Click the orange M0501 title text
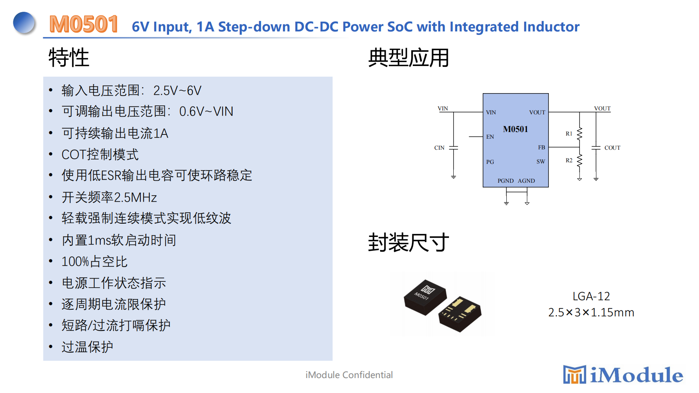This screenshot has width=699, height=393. click(83, 24)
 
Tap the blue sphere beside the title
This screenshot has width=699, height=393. click(24, 22)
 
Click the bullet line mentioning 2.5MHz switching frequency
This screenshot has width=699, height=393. click(109, 197)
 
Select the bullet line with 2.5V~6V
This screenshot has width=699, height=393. click(131, 90)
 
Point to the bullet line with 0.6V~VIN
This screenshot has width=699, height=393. click(147, 112)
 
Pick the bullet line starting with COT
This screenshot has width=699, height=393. click(100, 154)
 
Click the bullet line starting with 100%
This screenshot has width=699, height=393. click(94, 262)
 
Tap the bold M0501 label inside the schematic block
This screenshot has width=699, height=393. click(515, 129)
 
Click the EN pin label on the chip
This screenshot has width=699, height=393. click(490, 137)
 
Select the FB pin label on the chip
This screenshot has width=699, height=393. click(541, 147)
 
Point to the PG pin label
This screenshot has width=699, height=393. click(490, 162)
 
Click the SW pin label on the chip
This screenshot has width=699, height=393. click(541, 162)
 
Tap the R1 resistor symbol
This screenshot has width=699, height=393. click(579, 134)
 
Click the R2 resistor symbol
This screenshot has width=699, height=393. click(579, 160)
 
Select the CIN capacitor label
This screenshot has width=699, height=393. click(439, 148)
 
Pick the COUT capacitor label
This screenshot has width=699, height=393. click(612, 148)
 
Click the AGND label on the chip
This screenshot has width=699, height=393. click(526, 181)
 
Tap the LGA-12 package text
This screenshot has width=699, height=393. click(591, 296)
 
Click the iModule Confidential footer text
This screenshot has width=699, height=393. click(349, 375)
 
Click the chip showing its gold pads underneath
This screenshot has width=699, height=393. click(460, 314)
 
